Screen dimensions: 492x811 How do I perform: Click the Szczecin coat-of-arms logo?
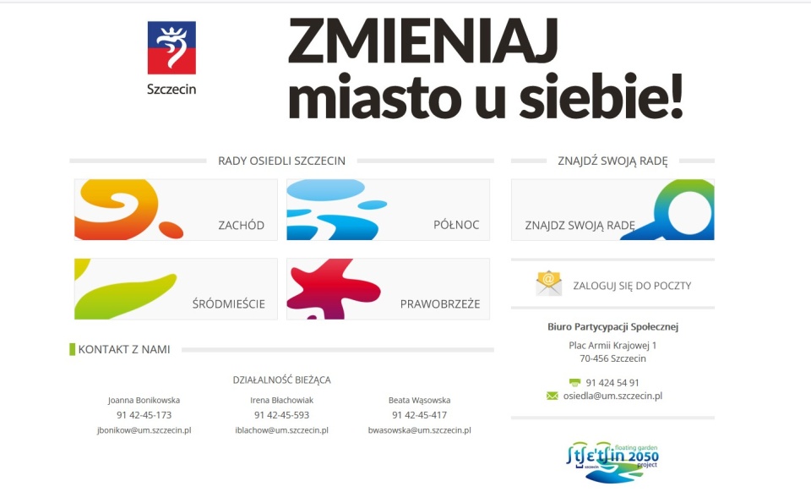pyautogui.click(x=171, y=48)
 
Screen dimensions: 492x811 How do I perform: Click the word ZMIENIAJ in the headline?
pyautogui.click(x=422, y=41)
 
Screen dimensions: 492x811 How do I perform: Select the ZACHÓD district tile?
pyautogui.click(x=176, y=210)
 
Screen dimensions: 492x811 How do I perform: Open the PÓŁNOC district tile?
pyautogui.click(x=388, y=210)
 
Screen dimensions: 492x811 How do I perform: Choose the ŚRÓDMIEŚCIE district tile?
pyautogui.click(x=176, y=289)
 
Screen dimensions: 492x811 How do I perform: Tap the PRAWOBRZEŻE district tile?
pyautogui.click(x=388, y=289)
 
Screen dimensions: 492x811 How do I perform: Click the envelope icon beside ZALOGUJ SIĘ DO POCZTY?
pyautogui.click(x=548, y=283)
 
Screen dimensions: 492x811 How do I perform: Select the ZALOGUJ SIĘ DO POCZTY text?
pyautogui.click(x=632, y=286)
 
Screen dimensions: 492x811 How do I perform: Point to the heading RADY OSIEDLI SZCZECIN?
pyautogui.click(x=281, y=161)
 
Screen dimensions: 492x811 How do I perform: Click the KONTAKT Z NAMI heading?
pyautogui.click(x=123, y=349)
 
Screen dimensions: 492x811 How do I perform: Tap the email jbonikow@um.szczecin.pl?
pyautogui.click(x=144, y=430)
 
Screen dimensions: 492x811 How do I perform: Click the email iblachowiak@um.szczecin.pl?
pyautogui.click(x=281, y=430)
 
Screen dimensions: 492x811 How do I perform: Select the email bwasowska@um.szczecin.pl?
pyautogui.click(x=419, y=430)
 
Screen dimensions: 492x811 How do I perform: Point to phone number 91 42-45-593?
pyautogui.click(x=281, y=415)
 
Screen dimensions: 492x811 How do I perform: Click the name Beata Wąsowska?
pyautogui.click(x=419, y=400)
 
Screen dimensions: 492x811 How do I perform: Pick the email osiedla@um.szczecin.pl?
pyautogui.click(x=612, y=396)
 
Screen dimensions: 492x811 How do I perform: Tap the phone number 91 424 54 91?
pyautogui.click(x=612, y=382)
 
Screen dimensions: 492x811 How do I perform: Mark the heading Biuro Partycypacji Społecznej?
pyautogui.click(x=612, y=327)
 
